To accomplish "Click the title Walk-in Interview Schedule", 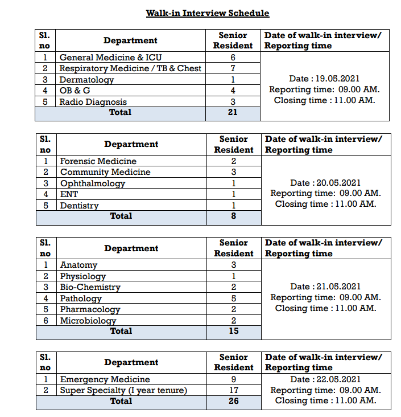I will [x=207, y=13].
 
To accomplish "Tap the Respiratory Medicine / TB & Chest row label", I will [x=130, y=68].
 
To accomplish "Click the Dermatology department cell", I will [x=86, y=80].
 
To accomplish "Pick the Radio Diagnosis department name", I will [x=93, y=102].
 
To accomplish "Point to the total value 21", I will [x=233, y=112].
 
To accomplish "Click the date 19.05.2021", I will [x=324, y=79].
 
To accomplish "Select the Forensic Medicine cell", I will [x=98, y=161].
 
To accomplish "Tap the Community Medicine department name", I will [x=105, y=172].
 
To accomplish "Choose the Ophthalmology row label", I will [x=93, y=183].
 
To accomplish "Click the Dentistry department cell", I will [x=80, y=206].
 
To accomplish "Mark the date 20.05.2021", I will [x=325, y=183].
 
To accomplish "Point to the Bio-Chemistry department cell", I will [x=90, y=287].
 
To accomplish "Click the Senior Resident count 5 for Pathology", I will [x=233, y=299].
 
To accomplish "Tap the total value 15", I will [x=233, y=331].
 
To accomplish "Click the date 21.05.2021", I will [x=325, y=287].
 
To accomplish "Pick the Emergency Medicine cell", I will [x=105, y=379].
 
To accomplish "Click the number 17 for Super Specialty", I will [x=233, y=390].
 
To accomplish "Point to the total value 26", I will [x=233, y=401].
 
